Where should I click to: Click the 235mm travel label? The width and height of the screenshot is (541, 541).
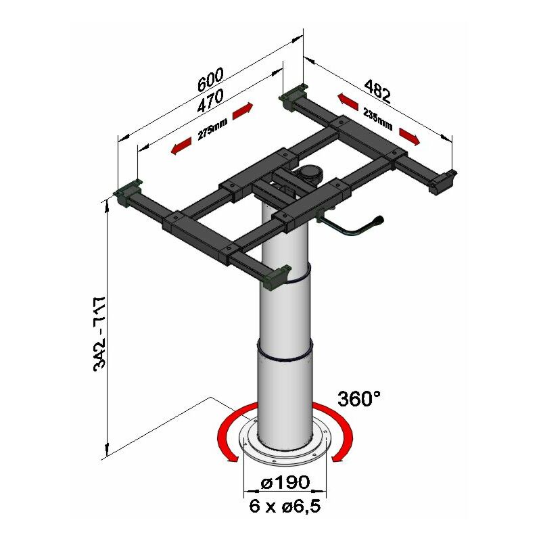click(x=377, y=120)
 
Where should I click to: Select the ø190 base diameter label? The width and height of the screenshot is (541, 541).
click(x=285, y=482)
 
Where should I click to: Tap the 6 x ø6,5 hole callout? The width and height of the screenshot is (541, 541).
click(x=284, y=504)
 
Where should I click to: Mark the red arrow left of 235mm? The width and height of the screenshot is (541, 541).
click(x=348, y=102)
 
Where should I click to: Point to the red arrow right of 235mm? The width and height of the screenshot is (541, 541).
click(x=409, y=137)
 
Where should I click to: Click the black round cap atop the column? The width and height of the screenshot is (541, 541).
click(x=310, y=174)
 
